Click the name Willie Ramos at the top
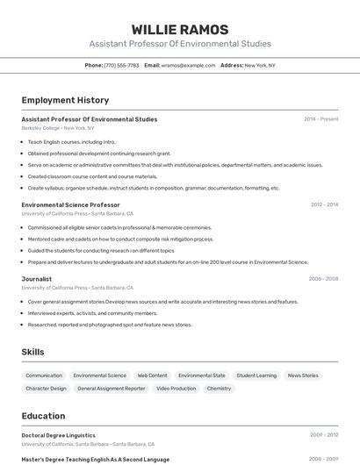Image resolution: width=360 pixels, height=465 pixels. point(179,29)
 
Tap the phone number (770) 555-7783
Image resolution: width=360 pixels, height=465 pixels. point(121,65)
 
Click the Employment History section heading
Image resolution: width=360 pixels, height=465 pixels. point(65,100)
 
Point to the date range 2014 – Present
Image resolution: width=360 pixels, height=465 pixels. point(320,119)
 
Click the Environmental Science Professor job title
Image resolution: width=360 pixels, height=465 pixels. point(70,204)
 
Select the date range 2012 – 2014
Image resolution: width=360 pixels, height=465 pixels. point(324,204)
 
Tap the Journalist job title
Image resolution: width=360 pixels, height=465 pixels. point(37,279)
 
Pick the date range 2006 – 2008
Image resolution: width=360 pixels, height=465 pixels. point(323,279)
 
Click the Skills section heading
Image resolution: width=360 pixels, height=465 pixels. point(33,352)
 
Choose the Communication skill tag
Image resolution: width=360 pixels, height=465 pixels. point(44,376)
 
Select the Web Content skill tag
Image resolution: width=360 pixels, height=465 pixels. point(152,376)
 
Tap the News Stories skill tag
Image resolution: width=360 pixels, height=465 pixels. point(303,376)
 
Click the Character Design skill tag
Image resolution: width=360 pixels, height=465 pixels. point(46,388)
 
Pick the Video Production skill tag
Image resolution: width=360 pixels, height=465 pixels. point(176,388)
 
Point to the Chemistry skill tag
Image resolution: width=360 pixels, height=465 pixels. point(219,388)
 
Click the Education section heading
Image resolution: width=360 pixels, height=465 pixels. point(43,416)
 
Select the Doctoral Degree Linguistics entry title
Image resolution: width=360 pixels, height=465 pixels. point(58,435)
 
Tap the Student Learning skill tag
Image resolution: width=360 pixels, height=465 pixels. point(256,376)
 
